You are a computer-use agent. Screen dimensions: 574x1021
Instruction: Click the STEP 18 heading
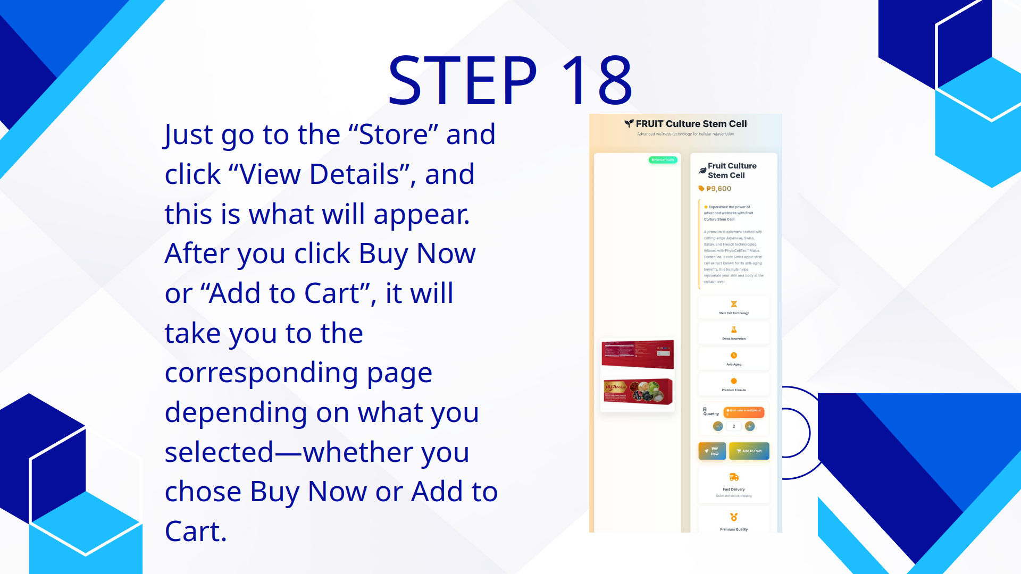[x=510, y=81]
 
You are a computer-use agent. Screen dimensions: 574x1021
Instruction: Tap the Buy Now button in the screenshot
[x=712, y=451]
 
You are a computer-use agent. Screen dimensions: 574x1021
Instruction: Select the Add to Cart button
[x=749, y=451]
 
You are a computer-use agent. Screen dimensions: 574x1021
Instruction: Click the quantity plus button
[x=750, y=426]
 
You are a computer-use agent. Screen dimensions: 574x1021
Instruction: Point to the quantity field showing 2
[x=734, y=426]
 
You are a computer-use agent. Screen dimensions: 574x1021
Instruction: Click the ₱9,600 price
[x=718, y=189]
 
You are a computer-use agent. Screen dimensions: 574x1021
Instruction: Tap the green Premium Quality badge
[x=663, y=159]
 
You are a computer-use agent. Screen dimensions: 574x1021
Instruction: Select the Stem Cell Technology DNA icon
[x=734, y=304]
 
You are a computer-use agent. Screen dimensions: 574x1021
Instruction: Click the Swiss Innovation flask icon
[x=734, y=330]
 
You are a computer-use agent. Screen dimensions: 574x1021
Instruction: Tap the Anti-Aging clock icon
[x=734, y=355]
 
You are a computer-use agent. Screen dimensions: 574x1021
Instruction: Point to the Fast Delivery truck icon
[x=734, y=477]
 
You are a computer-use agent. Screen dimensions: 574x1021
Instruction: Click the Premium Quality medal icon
[x=734, y=517]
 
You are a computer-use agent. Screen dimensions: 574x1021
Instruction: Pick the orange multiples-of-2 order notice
[x=744, y=412]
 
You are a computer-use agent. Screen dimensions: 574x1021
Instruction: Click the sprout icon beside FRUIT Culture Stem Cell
[x=629, y=124]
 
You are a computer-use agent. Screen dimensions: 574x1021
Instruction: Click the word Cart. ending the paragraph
[x=196, y=531]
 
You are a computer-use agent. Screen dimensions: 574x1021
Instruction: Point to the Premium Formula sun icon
[x=734, y=381]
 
